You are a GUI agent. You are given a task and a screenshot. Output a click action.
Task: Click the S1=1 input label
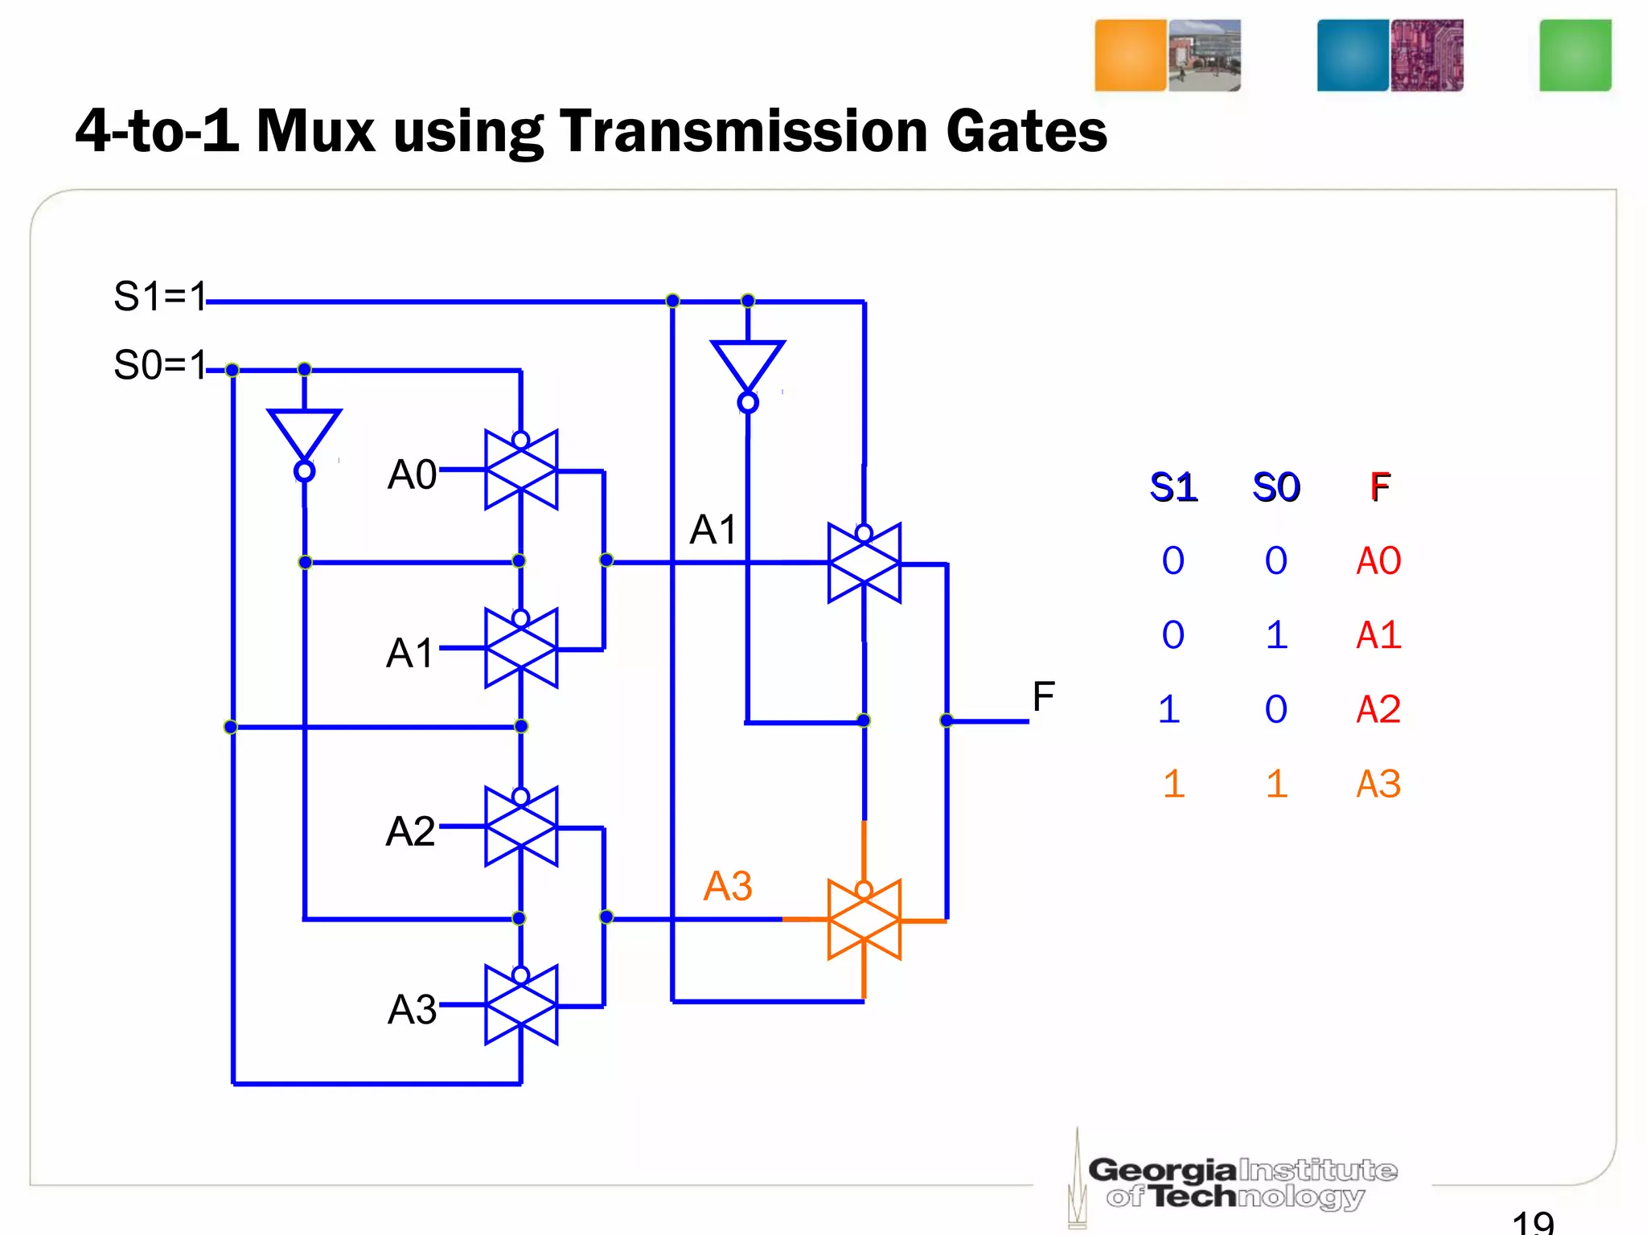pyautogui.click(x=160, y=297)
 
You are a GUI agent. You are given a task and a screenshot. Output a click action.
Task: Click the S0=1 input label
pyautogui.click(x=160, y=366)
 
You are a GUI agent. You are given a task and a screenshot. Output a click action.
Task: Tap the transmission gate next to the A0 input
pyautogui.click(x=521, y=470)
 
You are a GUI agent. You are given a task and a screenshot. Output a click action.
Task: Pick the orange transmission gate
pyautogui.click(x=864, y=920)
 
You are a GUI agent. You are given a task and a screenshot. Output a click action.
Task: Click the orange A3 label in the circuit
pyautogui.click(x=728, y=887)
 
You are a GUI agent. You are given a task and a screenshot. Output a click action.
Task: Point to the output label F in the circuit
pyautogui.click(x=1043, y=697)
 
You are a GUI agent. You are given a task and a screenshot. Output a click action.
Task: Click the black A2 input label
pyautogui.click(x=410, y=831)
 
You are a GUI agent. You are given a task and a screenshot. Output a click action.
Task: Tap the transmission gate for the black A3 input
pyautogui.click(x=521, y=1006)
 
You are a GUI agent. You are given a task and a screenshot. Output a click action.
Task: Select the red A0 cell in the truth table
pyautogui.click(x=1378, y=561)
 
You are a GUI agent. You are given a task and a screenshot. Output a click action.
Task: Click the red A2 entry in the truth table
pyautogui.click(x=1378, y=710)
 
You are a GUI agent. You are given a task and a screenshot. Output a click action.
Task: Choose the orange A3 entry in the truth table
pyautogui.click(x=1378, y=784)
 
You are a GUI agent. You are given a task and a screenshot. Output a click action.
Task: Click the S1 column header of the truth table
pyautogui.click(x=1173, y=487)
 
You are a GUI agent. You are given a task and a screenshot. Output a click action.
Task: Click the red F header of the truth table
pyautogui.click(x=1380, y=487)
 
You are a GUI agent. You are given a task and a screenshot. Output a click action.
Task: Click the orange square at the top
pyautogui.click(x=1130, y=55)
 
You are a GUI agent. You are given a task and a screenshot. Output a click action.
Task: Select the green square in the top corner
pyautogui.click(x=1575, y=55)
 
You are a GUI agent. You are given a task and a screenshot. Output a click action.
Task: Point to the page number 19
pyautogui.click(x=1533, y=1223)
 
